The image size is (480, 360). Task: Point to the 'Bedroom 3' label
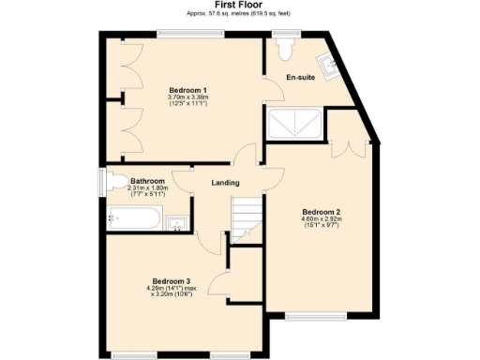[x=171, y=280]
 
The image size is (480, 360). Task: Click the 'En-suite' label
[x=300, y=77]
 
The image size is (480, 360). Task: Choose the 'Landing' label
[x=225, y=182]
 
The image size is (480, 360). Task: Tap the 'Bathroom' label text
[x=148, y=181]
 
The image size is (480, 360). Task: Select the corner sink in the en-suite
[x=328, y=64]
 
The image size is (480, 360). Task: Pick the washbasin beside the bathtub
[x=177, y=222]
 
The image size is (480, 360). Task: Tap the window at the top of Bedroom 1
[x=191, y=35]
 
